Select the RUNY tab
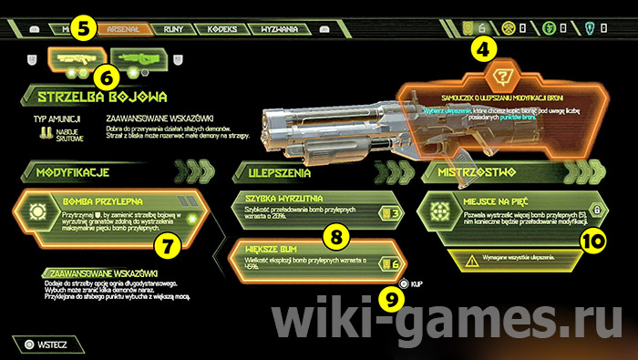172,28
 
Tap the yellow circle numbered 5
83,29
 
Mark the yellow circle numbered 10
592,241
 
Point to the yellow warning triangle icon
471,261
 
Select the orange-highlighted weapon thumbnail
73,58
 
